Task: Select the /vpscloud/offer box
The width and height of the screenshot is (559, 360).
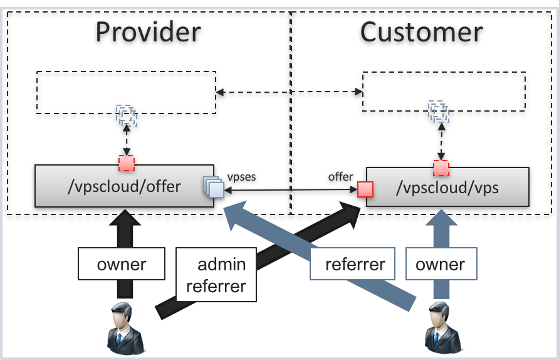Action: tap(124, 186)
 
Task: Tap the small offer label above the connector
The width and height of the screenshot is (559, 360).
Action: tap(340, 177)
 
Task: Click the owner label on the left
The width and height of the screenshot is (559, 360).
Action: tap(122, 264)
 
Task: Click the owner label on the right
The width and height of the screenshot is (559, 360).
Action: tap(441, 264)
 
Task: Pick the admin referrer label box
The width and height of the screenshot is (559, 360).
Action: tap(216, 275)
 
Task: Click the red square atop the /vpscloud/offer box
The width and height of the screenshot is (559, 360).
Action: tap(127, 163)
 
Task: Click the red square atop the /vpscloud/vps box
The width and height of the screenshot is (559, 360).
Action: tap(441, 168)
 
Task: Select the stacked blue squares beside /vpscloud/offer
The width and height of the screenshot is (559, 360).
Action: tap(213, 187)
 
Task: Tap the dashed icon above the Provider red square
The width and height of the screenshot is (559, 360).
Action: tap(127, 115)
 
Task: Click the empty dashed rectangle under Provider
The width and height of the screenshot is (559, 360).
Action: tap(126, 92)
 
